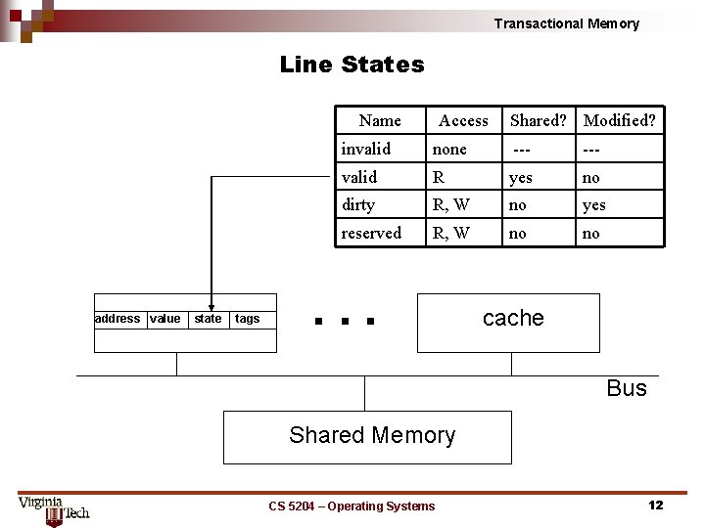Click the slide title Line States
[352, 65]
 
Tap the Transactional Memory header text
[566, 23]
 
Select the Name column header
[380, 120]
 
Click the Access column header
[463, 120]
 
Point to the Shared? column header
[538, 120]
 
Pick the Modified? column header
[619, 120]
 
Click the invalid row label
[365, 149]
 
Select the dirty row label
[358, 204]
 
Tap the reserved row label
[371, 233]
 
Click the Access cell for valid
[439, 177]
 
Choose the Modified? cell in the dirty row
[593, 204]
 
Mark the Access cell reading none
[449, 149]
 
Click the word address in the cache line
[117, 318]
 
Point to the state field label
[208, 318]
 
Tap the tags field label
[248, 318]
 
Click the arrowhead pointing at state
[211, 306]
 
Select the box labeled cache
[508, 323]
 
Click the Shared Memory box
[367, 437]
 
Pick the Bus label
[627, 388]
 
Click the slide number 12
[655, 505]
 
